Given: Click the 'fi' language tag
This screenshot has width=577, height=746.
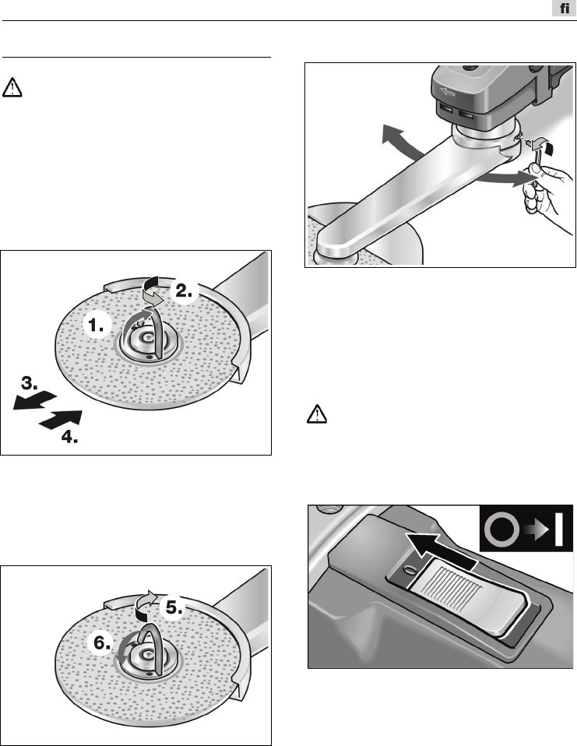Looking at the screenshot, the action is [564, 8].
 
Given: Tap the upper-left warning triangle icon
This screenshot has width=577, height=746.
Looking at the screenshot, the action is [12, 87].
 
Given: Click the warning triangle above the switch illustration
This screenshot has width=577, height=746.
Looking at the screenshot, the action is [316, 414].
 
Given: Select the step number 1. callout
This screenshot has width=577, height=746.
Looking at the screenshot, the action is [97, 325].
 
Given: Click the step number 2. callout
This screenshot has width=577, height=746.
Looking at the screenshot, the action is [184, 290].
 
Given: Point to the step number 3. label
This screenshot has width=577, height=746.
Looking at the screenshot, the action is [30, 382].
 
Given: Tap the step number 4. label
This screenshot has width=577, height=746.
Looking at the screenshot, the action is [69, 437].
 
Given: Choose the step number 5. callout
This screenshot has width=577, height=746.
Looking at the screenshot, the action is [174, 607].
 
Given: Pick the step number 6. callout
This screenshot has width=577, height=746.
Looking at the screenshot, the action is [102, 642].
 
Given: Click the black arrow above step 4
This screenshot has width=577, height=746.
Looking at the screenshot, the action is [61, 420].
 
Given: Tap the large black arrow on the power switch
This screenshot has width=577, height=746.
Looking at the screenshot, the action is [439, 551].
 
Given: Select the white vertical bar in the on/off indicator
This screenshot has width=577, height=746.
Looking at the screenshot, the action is [559, 530].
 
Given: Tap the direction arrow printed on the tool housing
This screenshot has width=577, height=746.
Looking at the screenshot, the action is [448, 92].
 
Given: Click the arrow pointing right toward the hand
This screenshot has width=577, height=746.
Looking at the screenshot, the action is [505, 179].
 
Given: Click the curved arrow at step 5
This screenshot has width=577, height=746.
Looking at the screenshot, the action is [145, 605].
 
